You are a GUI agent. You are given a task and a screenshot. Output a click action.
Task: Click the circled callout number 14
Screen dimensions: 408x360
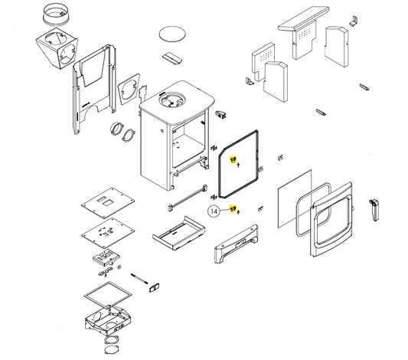click(214, 211)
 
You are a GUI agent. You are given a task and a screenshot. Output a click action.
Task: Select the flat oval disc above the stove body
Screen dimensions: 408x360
click(172, 34)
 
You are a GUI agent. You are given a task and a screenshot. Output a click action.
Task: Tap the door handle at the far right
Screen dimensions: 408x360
click(374, 210)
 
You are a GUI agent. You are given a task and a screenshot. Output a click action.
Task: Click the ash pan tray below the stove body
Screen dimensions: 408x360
click(178, 233)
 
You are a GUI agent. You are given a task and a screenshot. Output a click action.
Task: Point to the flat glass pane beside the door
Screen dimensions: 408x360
click(295, 199)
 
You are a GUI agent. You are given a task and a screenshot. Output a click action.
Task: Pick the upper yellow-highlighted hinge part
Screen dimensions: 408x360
click(233, 159)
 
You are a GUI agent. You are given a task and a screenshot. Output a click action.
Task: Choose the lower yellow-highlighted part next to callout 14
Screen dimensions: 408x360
click(233, 208)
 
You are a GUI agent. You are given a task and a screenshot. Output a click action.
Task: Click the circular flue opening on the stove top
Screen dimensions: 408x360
click(172, 100)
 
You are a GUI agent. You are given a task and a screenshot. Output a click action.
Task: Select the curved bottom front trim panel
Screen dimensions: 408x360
click(237, 244)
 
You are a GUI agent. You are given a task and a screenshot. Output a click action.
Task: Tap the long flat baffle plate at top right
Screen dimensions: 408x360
click(304, 18)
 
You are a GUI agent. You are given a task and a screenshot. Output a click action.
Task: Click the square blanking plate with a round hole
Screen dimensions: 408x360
click(129, 90)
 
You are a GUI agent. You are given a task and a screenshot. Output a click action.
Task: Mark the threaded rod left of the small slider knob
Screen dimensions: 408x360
click(139, 278)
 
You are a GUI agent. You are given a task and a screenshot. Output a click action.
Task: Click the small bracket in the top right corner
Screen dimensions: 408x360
click(353, 21)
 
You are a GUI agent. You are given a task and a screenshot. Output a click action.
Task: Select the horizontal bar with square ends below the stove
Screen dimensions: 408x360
click(187, 198)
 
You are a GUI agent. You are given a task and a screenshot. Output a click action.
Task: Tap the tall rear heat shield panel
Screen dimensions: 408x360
click(94, 90)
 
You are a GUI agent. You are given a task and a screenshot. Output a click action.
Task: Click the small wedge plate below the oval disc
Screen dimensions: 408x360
click(172, 58)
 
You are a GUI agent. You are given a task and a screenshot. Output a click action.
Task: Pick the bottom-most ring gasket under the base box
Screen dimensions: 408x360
click(111, 349)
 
